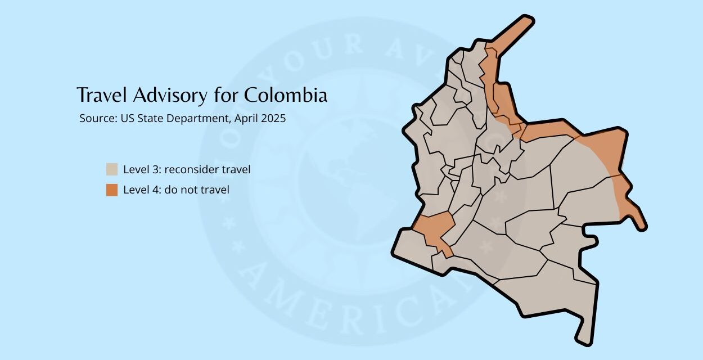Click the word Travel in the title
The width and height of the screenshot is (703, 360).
click(103, 95)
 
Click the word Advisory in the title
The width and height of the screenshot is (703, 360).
click(170, 95)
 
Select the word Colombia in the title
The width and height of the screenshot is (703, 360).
click(285, 95)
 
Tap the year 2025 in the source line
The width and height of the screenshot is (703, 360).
click(273, 119)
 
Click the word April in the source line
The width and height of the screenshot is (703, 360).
click(246, 119)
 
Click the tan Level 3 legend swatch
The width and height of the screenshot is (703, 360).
click(112, 169)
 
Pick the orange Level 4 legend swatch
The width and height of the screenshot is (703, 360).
click(112, 190)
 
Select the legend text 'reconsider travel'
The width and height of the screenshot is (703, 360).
click(208, 169)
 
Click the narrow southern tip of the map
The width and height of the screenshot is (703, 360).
click(585, 335)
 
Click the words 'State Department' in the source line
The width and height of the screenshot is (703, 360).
click(183, 119)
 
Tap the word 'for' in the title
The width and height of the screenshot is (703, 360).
click(225, 95)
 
